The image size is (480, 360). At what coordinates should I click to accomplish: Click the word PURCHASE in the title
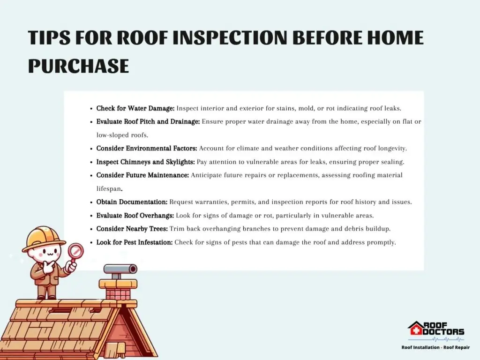click(78, 66)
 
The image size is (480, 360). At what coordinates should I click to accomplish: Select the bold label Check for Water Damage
click(135, 108)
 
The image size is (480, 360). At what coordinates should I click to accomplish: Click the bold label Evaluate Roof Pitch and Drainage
click(148, 121)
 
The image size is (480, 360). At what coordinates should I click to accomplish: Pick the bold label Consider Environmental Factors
click(147, 149)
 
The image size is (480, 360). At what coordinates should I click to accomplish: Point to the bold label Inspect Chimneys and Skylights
click(145, 162)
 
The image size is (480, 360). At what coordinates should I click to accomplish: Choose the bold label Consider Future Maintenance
click(142, 175)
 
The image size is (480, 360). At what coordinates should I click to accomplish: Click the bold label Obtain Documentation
click(132, 202)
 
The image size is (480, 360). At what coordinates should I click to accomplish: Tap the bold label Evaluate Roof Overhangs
click(135, 216)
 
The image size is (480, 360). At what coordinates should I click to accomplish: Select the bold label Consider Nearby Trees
click(132, 229)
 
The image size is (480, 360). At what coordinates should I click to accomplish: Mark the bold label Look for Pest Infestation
click(135, 242)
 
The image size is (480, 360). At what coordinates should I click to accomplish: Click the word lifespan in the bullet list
click(109, 189)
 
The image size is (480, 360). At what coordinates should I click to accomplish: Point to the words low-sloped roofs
click(122, 135)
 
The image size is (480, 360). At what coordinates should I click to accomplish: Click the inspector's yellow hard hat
click(44, 239)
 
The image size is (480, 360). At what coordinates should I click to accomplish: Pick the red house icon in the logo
click(415, 329)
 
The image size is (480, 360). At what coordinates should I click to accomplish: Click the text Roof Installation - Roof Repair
click(435, 347)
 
